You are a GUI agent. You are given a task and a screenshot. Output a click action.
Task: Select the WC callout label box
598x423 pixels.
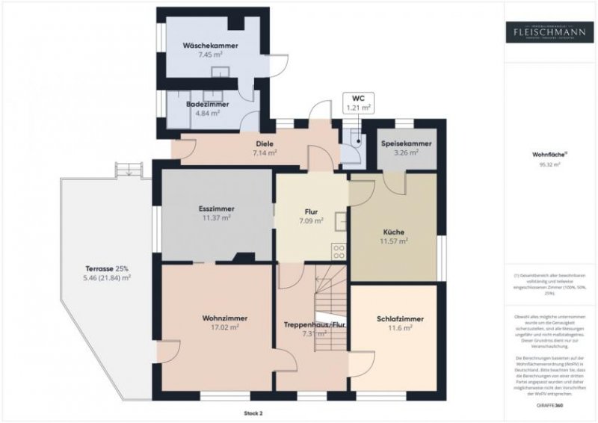[357, 103]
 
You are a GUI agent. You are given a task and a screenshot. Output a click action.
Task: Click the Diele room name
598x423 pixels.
[264, 143]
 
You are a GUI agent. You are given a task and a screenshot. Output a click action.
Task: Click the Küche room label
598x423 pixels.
[394, 232]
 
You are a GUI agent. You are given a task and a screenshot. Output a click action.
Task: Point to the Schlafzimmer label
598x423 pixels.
[400, 319]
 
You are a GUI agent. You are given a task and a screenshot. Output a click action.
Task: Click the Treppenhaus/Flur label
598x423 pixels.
[314, 325]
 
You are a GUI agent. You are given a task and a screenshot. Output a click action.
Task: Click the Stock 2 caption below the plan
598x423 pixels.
[253, 412]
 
